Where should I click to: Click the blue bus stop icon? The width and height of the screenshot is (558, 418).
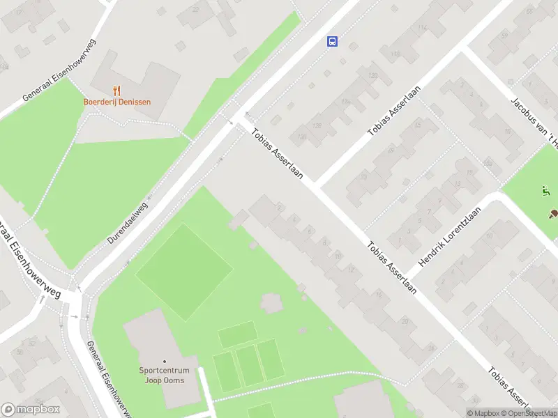[332, 41]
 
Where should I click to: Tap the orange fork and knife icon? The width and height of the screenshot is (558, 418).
[116, 90]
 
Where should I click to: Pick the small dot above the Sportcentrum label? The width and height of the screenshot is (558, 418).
[165, 361]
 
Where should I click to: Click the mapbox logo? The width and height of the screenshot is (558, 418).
[31, 410]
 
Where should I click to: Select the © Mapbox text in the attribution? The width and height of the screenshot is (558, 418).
[483, 413]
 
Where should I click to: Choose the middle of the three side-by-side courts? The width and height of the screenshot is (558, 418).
[248, 366]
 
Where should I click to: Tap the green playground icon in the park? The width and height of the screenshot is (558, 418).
[545, 190]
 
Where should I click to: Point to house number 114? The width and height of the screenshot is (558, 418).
[422, 29]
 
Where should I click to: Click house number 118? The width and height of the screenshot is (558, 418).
[395, 54]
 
